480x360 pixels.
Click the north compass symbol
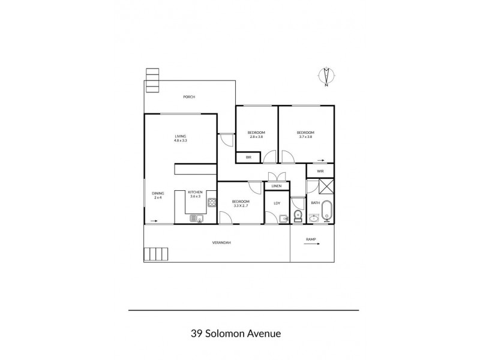[x=326, y=77]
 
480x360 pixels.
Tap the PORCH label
[x=190, y=97]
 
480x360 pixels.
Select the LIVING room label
[x=181, y=136]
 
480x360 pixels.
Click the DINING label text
[x=158, y=193]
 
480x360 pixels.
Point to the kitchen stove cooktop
[x=211, y=202]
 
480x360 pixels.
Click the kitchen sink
[x=196, y=218]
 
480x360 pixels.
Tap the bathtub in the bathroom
[x=327, y=211]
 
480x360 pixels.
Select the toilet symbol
[x=298, y=214]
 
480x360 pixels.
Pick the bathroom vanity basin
[x=314, y=218]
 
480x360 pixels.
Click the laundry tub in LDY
[x=284, y=218]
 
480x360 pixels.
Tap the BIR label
[x=248, y=158]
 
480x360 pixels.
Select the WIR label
[x=320, y=171]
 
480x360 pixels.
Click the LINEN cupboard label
[x=276, y=186]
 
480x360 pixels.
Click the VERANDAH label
[x=221, y=242]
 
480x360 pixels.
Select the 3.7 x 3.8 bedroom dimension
[x=305, y=137]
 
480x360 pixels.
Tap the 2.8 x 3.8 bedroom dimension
[x=257, y=137]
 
